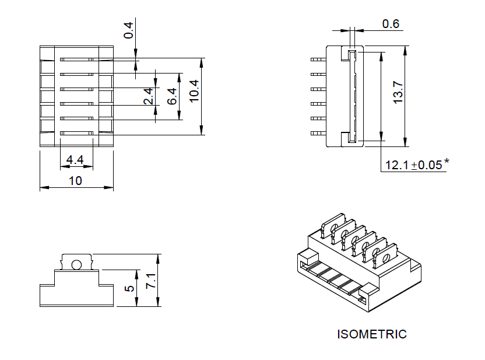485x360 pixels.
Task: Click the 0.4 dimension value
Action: pos(128,27)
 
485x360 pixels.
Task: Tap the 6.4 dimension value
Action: pos(172,96)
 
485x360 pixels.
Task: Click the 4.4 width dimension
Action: pos(75,160)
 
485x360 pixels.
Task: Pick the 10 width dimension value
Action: pos(75,180)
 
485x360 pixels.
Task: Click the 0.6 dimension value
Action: pos(391,24)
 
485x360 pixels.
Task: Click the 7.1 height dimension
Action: pos(151,280)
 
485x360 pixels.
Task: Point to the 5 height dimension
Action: pos(130,288)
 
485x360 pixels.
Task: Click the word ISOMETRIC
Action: pos(372,334)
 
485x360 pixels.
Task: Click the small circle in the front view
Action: pos(76,265)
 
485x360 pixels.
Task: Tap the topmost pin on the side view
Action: pos(318,59)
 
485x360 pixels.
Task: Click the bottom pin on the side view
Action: pos(318,134)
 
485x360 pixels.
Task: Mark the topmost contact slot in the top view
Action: pos(76,59)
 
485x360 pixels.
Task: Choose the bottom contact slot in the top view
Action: pos(76,134)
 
